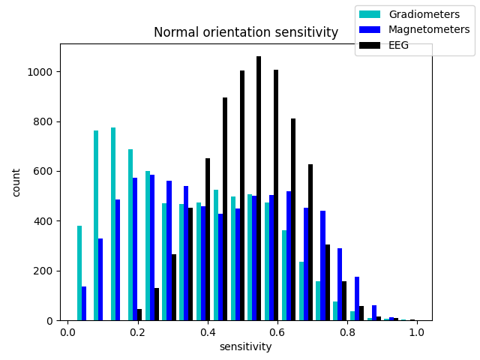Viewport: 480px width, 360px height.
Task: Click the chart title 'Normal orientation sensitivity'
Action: (x=246, y=32)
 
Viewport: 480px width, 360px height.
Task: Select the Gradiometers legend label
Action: (x=424, y=14)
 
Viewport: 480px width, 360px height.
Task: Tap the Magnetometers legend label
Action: (x=429, y=29)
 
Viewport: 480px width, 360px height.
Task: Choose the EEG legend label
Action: (x=399, y=45)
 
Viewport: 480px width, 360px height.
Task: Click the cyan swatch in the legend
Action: (x=370, y=14)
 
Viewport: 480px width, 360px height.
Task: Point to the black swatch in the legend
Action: (x=370, y=45)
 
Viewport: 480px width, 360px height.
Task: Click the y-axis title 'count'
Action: (x=16, y=182)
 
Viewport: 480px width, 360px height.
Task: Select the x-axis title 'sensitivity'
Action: (x=245, y=346)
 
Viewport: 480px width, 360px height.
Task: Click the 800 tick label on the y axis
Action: (x=44, y=121)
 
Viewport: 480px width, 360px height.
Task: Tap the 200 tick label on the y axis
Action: (x=44, y=271)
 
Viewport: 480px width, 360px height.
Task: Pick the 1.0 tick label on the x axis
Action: (x=417, y=332)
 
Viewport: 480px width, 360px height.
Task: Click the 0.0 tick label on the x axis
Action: (x=68, y=332)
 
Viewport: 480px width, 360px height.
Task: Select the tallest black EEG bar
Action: (x=259, y=187)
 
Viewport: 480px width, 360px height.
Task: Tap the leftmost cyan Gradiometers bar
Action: (x=79, y=273)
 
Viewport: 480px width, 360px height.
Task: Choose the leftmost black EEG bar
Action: (x=139, y=315)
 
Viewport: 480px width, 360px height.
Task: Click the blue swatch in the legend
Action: (x=370, y=29)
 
